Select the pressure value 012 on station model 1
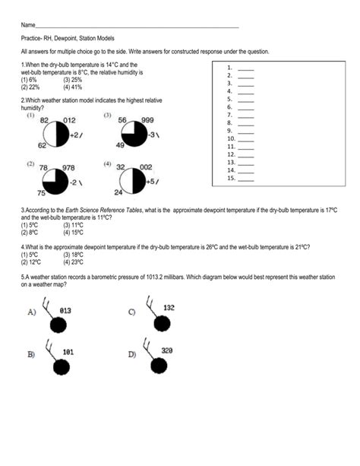point(69,120)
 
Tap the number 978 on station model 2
point(68,168)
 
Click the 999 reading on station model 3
point(147,120)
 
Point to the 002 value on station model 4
point(146,167)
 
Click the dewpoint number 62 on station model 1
point(43,145)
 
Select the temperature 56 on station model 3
point(121,120)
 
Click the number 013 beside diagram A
point(65,309)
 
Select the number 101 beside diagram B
point(68,352)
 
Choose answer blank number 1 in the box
point(245,68)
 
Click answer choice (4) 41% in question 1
point(73,87)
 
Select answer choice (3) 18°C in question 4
point(74,255)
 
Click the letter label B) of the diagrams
point(31,354)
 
